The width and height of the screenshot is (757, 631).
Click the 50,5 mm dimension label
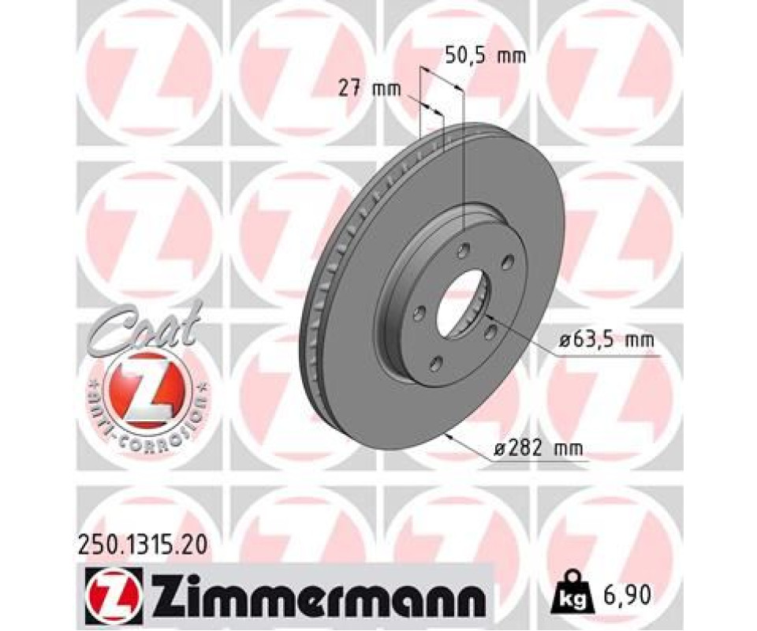pyautogui.click(x=485, y=57)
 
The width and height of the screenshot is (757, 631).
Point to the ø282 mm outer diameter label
pyautogui.click(x=539, y=449)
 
